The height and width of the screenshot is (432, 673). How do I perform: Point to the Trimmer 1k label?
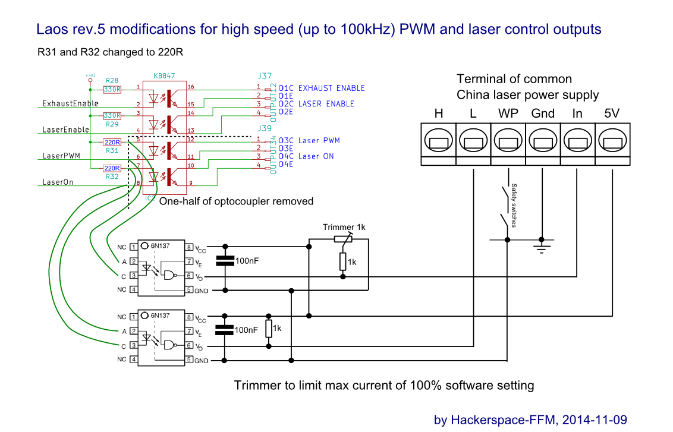(343, 228)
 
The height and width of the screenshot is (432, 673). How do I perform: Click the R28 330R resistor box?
(112, 90)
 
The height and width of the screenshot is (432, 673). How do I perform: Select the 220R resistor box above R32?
(112, 168)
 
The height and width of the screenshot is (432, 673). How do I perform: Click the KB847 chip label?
(164, 76)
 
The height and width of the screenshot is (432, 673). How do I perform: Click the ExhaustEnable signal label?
(70, 103)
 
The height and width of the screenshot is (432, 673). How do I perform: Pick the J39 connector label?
(265, 128)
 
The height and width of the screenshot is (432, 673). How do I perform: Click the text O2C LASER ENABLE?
(322, 104)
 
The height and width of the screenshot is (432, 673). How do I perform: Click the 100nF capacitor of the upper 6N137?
(225, 260)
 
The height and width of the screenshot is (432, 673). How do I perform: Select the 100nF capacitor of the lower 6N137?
(225, 330)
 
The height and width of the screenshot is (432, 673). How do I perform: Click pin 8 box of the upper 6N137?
(188, 247)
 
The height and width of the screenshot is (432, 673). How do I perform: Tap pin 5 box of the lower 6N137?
(188, 360)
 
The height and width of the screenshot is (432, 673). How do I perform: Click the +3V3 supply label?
(90, 75)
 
